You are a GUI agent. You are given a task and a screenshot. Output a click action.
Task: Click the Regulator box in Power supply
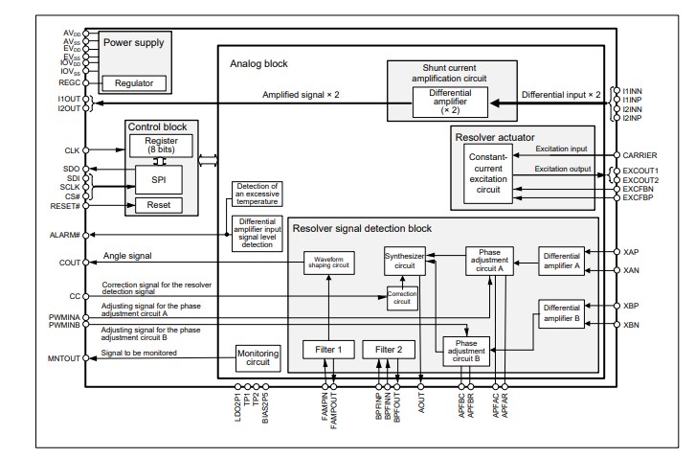tap(133, 83)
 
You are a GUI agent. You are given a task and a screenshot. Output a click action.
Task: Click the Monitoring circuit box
tap(257, 357)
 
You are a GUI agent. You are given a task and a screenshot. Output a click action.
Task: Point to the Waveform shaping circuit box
tap(328, 262)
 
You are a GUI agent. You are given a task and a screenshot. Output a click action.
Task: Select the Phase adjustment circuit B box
tap(467, 351)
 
